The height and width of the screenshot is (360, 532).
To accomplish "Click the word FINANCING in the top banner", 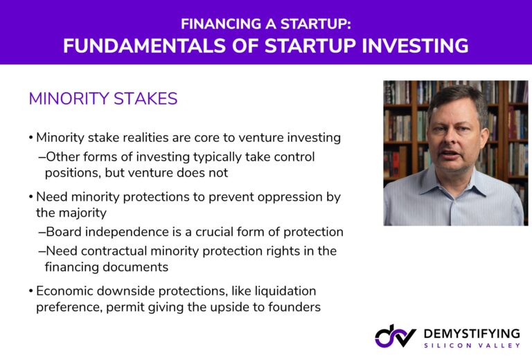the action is [221, 24].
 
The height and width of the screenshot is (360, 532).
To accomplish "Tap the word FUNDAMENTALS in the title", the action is [144, 46].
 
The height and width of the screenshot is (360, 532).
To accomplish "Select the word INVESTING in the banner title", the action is [415, 46].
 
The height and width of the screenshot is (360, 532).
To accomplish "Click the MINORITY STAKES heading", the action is [103, 98].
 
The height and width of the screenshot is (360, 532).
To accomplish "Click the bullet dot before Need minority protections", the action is [31, 197].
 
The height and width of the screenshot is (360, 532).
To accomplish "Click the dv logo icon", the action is [396, 336].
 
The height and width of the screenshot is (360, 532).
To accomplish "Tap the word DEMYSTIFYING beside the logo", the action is [472, 334].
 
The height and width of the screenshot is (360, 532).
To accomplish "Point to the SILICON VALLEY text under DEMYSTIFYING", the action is [472, 345].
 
